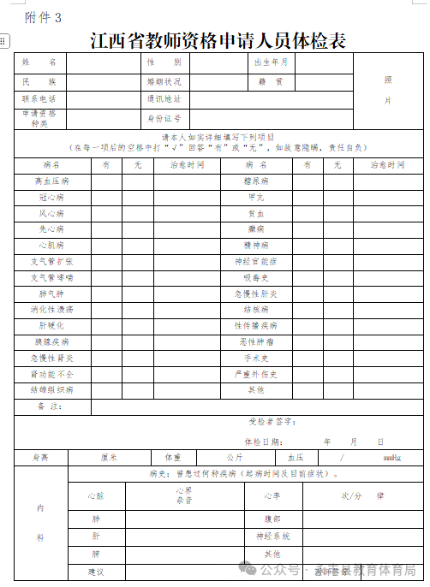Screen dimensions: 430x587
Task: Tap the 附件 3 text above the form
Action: (x=44, y=18)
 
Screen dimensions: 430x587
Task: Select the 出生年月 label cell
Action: (x=272, y=63)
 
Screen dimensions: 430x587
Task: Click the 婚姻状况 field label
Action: (x=164, y=82)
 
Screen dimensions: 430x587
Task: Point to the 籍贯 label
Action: (x=272, y=82)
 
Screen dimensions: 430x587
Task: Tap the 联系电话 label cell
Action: (x=39, y=99)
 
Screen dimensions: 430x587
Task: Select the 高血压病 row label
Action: (x=52, y=181)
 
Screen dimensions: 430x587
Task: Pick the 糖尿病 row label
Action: (x=257, y=181)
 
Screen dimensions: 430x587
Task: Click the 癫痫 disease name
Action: (x=257, y=229)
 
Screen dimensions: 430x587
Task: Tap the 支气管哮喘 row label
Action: (x=52, y=277)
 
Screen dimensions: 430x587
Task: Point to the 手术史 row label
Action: (x=257, y=358)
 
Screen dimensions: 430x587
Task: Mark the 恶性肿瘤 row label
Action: (x=257, y=341)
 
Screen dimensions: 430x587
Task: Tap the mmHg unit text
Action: (x=391, y=458)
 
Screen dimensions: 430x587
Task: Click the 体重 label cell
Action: (x=173, y=458)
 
